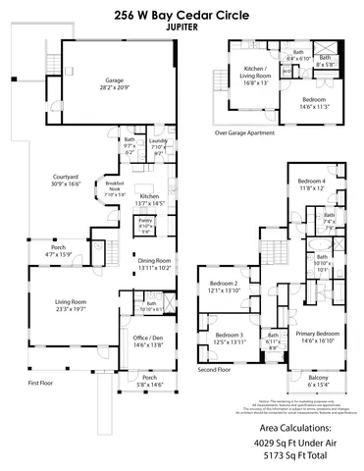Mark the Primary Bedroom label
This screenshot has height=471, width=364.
(310, 335)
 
